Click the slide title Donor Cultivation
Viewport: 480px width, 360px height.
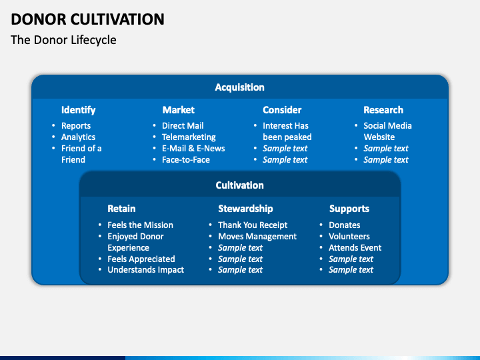87,19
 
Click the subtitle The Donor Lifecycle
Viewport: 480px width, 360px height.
63,40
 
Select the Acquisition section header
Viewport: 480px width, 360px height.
240,87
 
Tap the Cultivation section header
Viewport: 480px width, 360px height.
240,185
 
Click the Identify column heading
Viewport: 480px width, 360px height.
79,110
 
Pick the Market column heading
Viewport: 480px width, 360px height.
179,110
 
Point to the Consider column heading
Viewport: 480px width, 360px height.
282,110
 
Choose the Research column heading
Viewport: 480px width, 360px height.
383,110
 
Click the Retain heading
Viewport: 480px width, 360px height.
121,209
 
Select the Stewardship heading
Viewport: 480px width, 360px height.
245,209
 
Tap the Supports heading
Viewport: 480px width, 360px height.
349,209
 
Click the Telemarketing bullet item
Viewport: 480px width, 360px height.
189,137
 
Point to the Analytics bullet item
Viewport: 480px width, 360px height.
79,137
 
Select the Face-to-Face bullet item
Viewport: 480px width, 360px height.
186,160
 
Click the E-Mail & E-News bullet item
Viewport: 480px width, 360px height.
193,149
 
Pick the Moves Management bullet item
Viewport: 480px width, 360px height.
257,237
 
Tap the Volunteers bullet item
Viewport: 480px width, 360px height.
349,236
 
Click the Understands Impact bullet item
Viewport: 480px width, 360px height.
146,270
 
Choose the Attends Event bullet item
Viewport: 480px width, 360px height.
355,247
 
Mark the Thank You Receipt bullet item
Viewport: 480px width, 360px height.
253,225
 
